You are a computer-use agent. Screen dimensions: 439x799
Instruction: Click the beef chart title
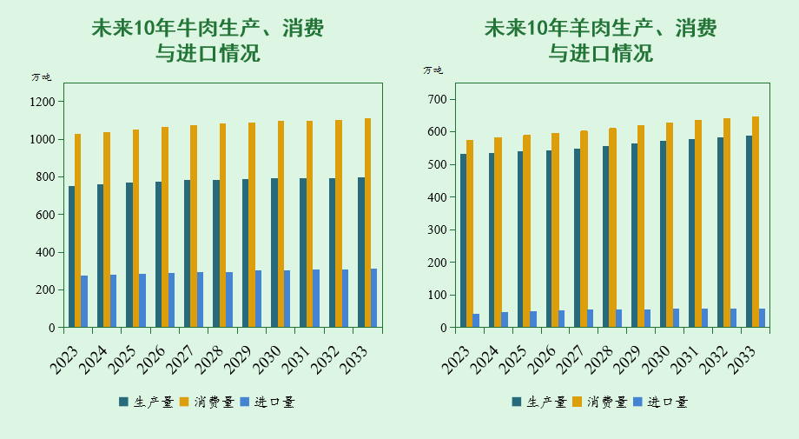point(208,41)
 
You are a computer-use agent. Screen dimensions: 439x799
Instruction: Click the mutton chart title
point(600,41)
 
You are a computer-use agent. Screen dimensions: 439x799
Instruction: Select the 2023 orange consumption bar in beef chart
point(78,230)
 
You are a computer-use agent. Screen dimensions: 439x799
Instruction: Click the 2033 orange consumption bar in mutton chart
point(755,222)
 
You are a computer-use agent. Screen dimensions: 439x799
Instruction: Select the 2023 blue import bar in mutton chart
point(476,321)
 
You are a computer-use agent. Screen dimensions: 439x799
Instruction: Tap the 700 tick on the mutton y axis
point(437,99)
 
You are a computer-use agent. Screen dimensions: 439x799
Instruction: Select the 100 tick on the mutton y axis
point(437,296)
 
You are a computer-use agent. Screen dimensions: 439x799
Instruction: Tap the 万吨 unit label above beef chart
point(42,76)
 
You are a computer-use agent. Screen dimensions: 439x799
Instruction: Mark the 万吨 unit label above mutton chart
point(433,70)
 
